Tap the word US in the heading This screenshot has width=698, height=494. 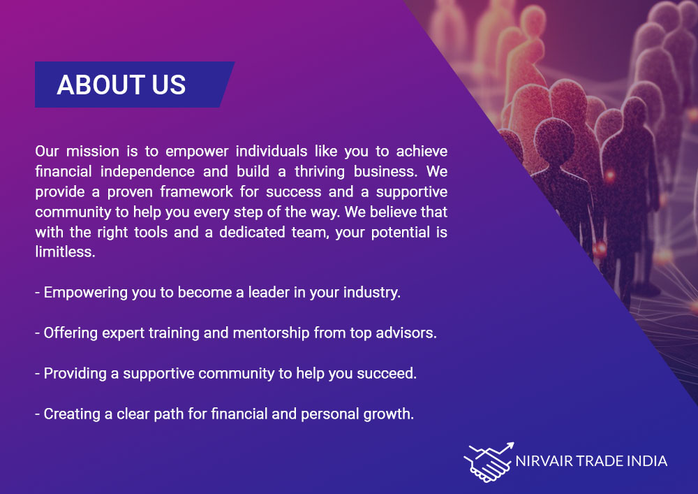coord(169,85)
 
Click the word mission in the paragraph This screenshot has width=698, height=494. coord(93,152)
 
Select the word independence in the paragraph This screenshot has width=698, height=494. coord(147,171)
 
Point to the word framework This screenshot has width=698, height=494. coord(196,191)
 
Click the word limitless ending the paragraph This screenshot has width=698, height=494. coord(65,252)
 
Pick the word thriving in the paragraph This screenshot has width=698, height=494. coord(320,171)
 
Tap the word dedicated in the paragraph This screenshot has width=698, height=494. coord(252,232)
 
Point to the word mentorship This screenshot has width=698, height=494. coord(271,333)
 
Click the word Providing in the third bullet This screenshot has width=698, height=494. coord(75,373)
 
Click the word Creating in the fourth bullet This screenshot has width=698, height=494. coord(72,414)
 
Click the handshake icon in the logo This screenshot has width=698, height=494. coord(489,463)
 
